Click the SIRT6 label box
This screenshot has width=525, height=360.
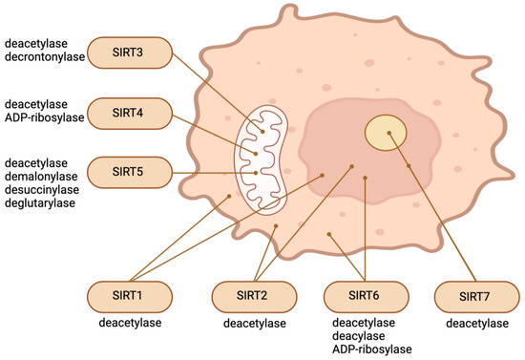366,296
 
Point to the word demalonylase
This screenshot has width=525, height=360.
42,177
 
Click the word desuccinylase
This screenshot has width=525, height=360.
43,190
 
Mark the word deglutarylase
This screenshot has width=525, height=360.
42,203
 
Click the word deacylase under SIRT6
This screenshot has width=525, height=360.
366,338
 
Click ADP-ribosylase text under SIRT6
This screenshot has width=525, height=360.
366,350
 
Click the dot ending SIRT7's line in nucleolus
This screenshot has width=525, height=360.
388,134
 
